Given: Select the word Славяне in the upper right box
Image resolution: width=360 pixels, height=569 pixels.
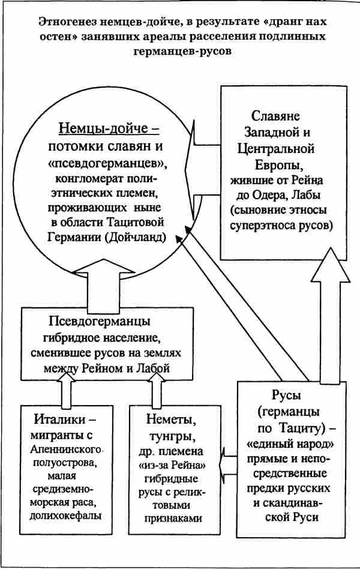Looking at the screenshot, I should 275,116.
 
